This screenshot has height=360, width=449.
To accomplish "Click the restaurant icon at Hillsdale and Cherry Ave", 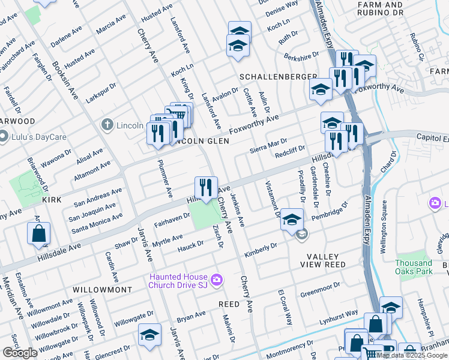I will (x=206, y=187).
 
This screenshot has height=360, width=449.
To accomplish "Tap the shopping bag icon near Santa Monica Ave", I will (x=38, y=234).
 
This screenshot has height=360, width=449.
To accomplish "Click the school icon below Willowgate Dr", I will (x=149, y=335).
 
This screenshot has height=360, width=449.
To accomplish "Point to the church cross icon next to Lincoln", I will (x=107, y=125).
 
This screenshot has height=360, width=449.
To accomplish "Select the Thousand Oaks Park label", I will (x=414, y=267).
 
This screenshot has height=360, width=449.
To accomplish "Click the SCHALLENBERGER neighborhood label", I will (x=278, y=77).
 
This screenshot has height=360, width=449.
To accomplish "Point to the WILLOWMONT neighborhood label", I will (x=102, y=289).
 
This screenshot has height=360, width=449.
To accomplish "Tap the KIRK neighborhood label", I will (x=53, y=198).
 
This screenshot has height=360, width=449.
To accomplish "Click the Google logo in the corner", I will (x=20, y=353).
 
